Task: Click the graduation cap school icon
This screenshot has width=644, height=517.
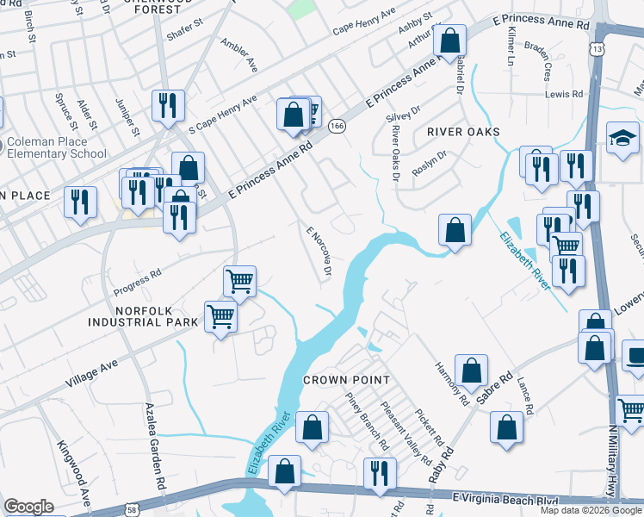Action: point(622,139)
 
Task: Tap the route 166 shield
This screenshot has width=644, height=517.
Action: point(337,126)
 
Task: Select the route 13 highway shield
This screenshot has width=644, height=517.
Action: point(597,51)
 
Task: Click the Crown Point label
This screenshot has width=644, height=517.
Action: point(347,380)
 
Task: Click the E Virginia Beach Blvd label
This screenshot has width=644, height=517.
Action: point(499,498)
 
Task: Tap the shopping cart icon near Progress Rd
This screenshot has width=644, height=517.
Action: point(239,280)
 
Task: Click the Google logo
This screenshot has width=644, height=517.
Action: point(28,507)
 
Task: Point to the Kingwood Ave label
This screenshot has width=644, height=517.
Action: point(74,473)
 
